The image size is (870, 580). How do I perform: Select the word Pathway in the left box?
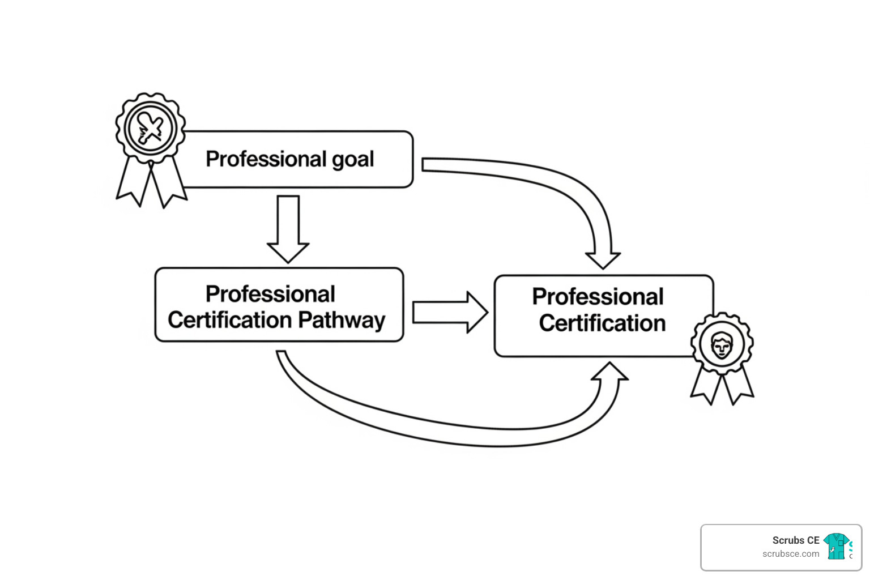pos(342,321)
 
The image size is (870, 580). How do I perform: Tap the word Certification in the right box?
pos(602,323)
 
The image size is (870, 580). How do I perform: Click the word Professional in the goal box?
pos(266,159)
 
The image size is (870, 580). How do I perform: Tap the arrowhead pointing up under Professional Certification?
pos(609,373)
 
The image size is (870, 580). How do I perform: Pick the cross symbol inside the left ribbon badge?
pos(150,128)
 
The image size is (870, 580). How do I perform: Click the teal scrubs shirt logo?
pos(836,546)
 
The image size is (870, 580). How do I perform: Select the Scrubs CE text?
pos(795,540)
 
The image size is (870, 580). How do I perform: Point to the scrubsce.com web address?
pos(790,554)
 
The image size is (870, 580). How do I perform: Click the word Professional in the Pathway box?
pos(270,295)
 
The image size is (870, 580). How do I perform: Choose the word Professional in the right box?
pos(598,297)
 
